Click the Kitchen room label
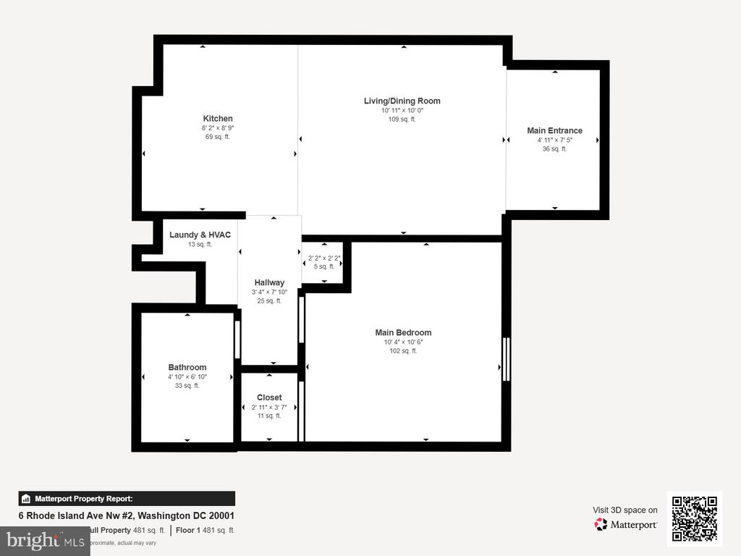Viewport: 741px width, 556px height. pos(218,119)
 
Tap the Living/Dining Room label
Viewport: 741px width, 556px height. pos(402,101)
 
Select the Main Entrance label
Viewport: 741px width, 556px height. pos(554,131)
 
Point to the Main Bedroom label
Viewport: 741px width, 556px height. pos(403,333)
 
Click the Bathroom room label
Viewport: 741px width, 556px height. pos(187,368)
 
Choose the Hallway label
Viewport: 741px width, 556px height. pos(269,283)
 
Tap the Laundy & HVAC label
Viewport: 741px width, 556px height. pos(200,235)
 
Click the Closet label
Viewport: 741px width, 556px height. pos(269,398)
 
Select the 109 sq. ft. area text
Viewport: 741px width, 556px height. pos(402,119)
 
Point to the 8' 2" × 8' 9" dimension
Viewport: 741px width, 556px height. pos(218,128)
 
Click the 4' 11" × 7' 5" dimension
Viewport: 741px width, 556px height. pos(554,140)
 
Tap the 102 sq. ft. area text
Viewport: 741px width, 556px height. pos(403,351)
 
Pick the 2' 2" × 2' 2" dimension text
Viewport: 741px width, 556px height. pos(324,258)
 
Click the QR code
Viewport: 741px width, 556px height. pos(694,519)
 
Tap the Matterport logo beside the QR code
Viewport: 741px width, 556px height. pos(626,525)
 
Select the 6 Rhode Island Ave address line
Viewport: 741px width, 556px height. pos(126,516)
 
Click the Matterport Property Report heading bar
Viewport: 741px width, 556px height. pos(127,499)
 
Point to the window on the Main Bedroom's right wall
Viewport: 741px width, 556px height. pos(507,359)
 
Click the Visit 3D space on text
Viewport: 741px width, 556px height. pos(625,510)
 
